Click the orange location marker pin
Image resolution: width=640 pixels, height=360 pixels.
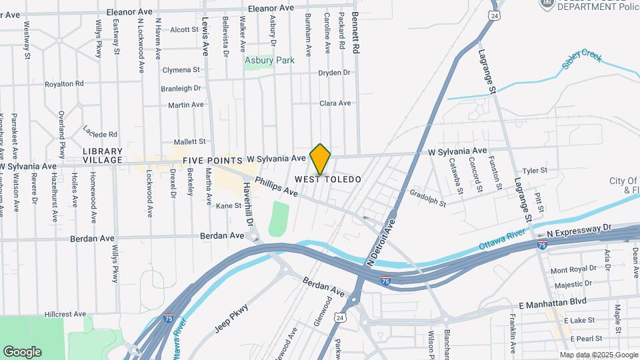pyautogui.click(x=320, y=159)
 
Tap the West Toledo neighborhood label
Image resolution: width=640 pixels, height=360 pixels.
pyautogui.click(x=328, y=179)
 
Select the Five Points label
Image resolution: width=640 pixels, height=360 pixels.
pyautogui.click(x=213, y=161)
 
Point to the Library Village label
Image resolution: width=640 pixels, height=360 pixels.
pyautogui.click(x=103, y=155)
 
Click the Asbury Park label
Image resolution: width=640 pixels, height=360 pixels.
pyautogui.click(x=269, y=60)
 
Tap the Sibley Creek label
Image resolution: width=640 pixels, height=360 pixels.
pyautogui.click(x=581, y=59)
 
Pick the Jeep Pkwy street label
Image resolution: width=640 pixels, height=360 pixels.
pyautogui.click(x=231, y=318)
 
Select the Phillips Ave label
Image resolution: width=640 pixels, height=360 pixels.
pyautogui.click(x=276, y=186)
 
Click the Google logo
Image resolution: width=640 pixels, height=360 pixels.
pyautogui.click(x=22, y=351)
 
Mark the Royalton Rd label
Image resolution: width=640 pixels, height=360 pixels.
pyautogui.click(x=64, y=84)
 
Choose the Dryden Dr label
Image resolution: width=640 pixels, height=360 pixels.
pyautogui.click(x=334, y=73)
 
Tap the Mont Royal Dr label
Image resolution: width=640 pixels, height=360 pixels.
pyautogui.click(x=573, y=270)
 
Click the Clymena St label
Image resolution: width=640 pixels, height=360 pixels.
pyautogui.click(x=181, y=69)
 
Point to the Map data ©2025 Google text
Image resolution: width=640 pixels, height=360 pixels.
pyautogui.click(x=598, y=355)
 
